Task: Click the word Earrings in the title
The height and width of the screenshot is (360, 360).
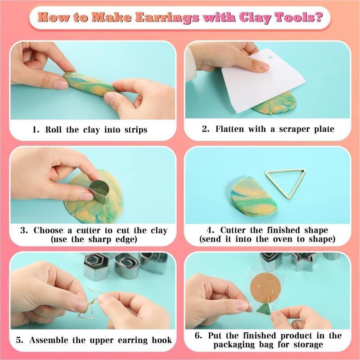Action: point(166,18)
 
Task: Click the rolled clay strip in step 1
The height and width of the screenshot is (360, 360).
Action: point(90,84)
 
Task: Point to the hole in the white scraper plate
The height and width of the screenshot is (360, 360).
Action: point(270,57)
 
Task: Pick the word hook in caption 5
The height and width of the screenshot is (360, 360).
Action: point(162,340)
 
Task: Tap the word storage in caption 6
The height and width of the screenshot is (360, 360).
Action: point(308,345)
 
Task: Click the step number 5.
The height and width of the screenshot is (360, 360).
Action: point(19,340)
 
